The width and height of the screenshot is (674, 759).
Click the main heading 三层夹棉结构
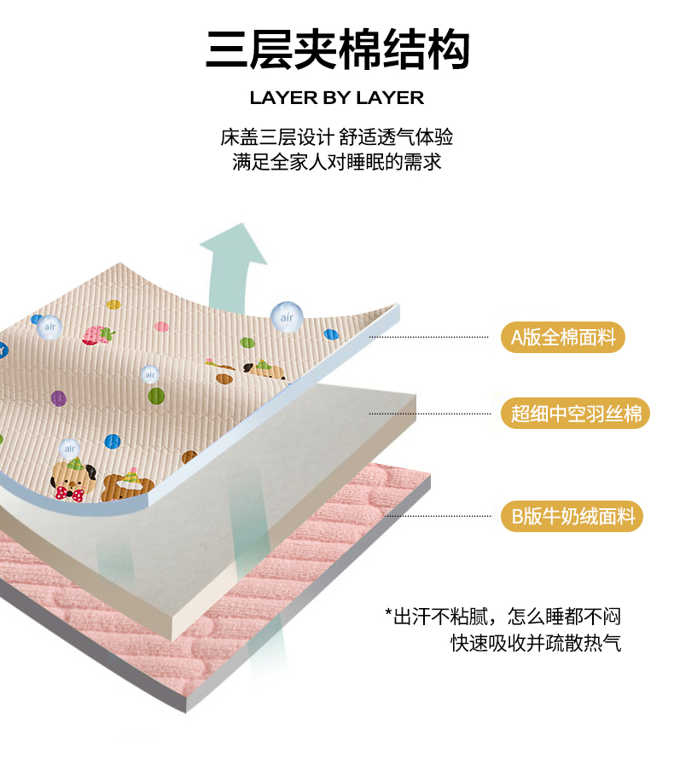coord(338,49)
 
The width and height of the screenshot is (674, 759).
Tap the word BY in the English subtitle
coord(337,98)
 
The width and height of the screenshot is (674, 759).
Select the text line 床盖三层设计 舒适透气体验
coord(336,137)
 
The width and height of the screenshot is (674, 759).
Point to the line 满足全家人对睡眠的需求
coord(336,162)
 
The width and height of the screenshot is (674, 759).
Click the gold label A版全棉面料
coord(562,337)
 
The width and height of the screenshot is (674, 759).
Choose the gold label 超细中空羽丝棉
coord(575,414)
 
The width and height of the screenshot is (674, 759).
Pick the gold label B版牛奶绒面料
coord(572,516)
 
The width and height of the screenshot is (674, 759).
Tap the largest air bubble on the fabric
coord(287,317)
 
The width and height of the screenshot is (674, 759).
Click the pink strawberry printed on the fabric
coord(98,335)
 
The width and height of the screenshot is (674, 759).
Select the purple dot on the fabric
coord(59,398)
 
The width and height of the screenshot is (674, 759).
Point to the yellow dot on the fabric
coord(113,304)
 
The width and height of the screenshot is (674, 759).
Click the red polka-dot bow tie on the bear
coord(69,494)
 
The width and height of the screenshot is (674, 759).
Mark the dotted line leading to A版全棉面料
coord(428,337)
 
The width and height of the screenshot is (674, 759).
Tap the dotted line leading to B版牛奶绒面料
coord(439,516)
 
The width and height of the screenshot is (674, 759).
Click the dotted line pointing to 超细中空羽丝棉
coord(430,414)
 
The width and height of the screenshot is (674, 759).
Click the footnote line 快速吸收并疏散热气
coord(536,643)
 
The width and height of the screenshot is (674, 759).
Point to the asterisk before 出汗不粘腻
coord(388,612)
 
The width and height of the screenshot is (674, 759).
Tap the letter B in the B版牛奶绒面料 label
coord(517,517)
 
